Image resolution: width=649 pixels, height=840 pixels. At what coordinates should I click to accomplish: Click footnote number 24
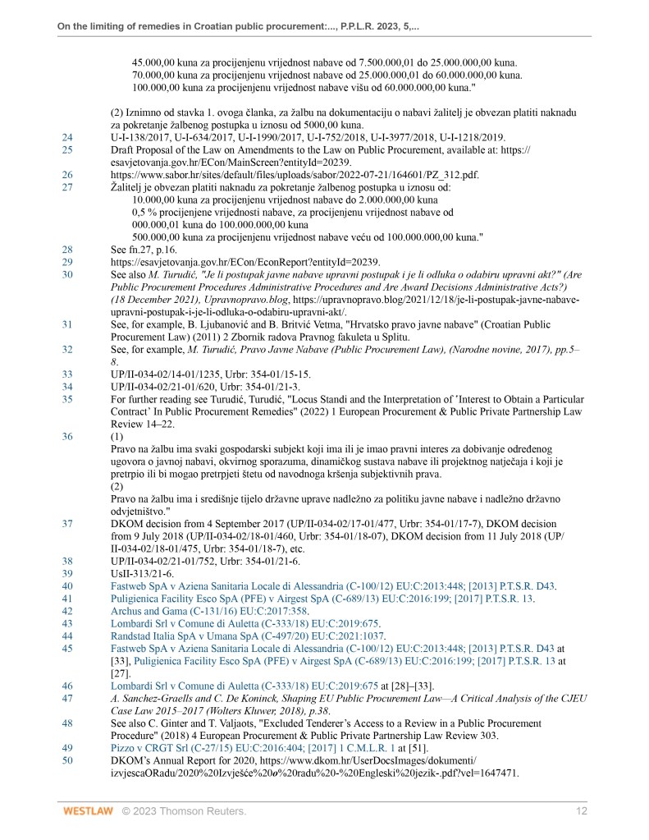tap(67, 137)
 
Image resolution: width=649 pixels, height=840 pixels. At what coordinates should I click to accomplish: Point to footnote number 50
tap(67, 760)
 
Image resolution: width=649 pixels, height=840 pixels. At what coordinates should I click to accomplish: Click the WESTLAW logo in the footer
tap(86, 812)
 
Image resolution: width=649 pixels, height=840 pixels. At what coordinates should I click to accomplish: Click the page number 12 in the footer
tap(582, 812)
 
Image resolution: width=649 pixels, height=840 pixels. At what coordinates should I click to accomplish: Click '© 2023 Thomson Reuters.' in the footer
tap(185, 812)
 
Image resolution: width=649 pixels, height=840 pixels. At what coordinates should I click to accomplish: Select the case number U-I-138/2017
tap(142, 137)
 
